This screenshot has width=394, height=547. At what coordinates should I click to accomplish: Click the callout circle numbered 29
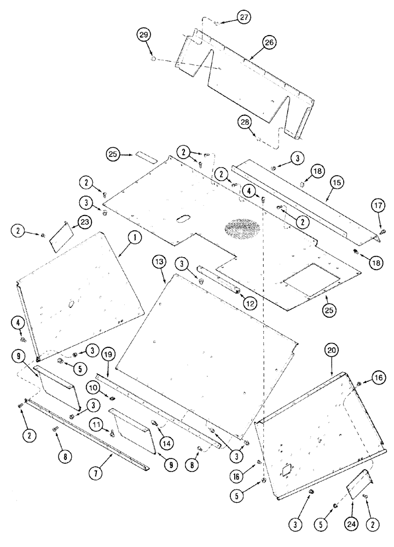click(x=144, y=35)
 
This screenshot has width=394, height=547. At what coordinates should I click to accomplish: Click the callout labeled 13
click(x=159, y=264)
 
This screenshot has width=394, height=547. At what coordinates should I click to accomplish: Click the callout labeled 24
click(x=351, y=510)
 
